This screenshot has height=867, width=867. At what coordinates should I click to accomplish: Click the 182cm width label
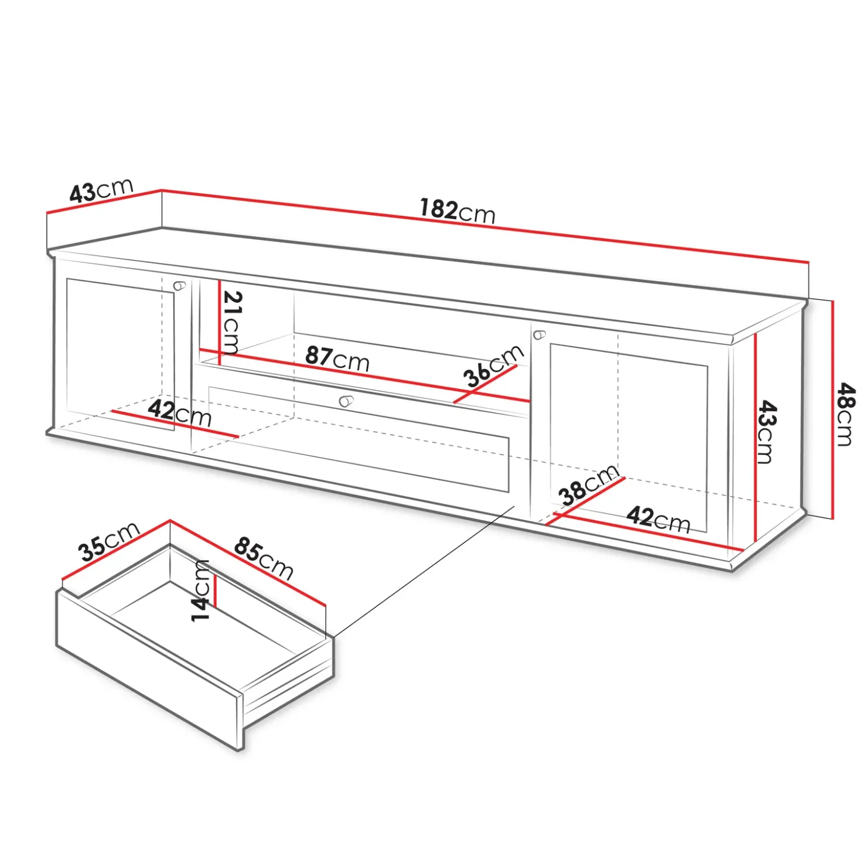click(458, 211)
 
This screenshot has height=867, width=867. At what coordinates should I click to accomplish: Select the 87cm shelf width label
click(337, 359)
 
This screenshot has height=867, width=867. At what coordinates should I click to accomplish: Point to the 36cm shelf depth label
click(493, 366)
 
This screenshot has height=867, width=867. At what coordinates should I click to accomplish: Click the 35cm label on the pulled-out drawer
click(110, 541)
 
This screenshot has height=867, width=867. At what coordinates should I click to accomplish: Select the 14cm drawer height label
click(200, 590)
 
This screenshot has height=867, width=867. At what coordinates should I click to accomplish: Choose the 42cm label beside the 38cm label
click(658, 519)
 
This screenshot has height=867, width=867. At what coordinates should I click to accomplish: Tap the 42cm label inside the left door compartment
click(179, 413)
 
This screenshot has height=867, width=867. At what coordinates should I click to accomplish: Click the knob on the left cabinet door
click(180, 285)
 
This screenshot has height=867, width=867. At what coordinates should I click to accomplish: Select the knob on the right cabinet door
click(540, 335)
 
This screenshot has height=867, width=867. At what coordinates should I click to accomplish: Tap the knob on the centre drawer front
click(346, 401)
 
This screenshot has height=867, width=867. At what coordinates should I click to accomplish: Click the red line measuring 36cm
click(486, 384)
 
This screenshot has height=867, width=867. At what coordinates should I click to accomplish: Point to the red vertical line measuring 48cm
click(832, 409)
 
